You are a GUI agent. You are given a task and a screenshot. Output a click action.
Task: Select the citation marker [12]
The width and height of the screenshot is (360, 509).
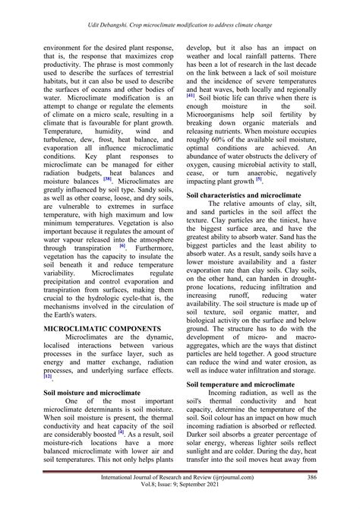[x=48, y=355]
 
